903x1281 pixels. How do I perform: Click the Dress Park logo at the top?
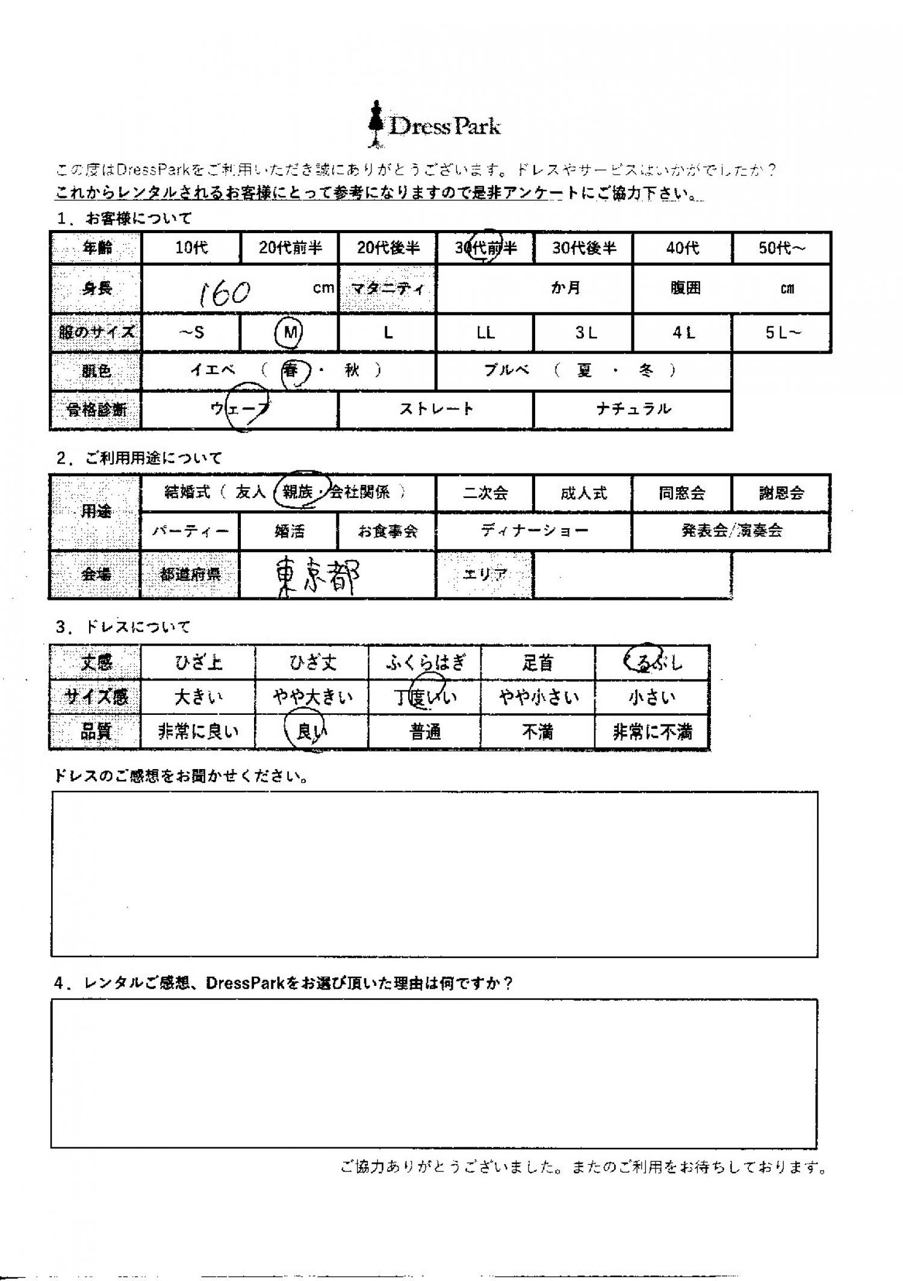point(435,125)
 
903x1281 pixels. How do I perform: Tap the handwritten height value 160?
point(224,293)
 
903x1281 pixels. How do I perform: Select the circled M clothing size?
point(290,332)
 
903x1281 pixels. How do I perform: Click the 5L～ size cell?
point(781,332)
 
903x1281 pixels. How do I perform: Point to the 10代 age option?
point(191,248)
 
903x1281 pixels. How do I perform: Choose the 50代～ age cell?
point(781,248)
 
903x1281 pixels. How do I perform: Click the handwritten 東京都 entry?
point(315,575)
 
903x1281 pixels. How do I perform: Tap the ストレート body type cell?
point(436,410)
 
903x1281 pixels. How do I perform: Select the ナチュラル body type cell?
point(633,410)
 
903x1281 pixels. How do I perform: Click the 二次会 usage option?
point(485,493)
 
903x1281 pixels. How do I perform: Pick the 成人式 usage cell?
point(583,493)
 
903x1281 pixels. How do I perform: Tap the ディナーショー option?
point(534,531)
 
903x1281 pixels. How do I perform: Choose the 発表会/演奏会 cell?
point(731,531)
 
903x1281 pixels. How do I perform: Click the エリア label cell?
point(485,575)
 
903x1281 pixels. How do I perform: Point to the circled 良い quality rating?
point(311,732)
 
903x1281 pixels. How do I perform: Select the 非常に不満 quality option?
point(652,732)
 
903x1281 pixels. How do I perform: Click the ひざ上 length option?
point(198,663)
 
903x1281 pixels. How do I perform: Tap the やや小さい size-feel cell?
point(538,697)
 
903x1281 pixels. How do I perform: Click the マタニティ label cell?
point(388,288)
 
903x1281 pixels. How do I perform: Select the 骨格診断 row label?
point(96,410)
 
